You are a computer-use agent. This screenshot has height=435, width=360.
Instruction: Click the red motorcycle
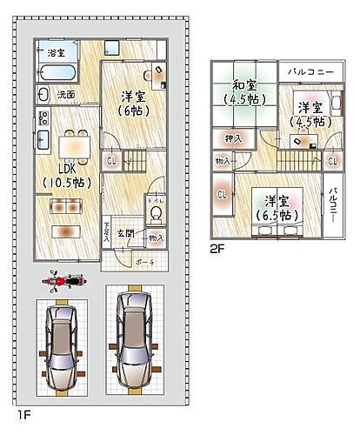(x=63, y=280)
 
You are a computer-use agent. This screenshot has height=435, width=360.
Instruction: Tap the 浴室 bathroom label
(x=57, y=54)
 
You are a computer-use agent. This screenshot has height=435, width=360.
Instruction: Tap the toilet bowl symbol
(x=157, y=213)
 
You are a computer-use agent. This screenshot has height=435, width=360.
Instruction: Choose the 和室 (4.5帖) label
(x=244, y=91)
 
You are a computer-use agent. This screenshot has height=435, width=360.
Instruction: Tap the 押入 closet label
(x=233, y=138)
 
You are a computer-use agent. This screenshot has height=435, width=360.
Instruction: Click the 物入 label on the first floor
(x=156, y=237)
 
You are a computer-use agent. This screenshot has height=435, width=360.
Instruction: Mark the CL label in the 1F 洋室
(x=110, y=160)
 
